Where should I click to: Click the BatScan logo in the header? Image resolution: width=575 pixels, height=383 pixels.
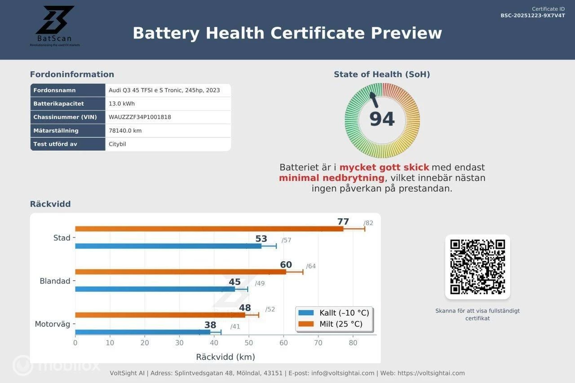55,25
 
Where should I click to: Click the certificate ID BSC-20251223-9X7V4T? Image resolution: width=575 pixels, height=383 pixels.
533,16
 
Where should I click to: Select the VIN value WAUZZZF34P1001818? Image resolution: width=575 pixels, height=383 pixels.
140,117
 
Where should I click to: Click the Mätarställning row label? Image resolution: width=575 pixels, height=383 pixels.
56,131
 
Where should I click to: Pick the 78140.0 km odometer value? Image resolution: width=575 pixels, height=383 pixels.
125,131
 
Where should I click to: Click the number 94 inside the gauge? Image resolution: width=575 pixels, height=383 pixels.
382,119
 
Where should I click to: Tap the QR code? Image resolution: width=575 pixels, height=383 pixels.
478,267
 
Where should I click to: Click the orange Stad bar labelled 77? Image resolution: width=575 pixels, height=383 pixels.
209,229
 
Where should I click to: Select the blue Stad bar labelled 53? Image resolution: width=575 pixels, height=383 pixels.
168,246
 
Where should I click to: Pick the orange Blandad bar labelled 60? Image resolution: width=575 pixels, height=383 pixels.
180,272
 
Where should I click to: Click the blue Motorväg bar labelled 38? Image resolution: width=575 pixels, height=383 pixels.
142,332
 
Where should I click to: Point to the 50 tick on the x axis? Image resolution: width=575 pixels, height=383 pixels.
249,343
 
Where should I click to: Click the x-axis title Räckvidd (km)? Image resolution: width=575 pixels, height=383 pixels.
226,357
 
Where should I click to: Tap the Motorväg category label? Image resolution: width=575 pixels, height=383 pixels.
53,324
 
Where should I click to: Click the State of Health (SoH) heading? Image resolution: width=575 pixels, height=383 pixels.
382,75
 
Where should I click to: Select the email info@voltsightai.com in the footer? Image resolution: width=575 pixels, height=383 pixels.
343,373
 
